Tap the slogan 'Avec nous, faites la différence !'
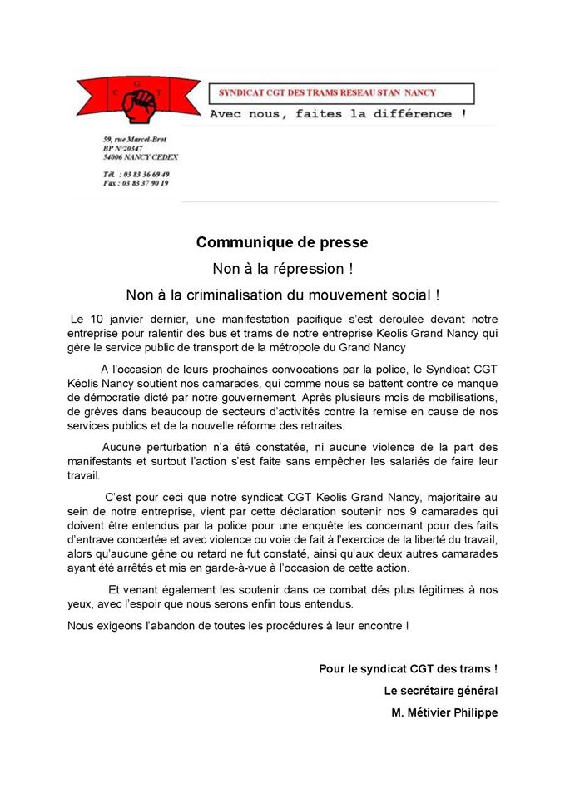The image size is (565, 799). pos(336,113)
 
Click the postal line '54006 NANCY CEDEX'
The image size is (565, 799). pos(141,156)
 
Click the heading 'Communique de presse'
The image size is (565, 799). pos(282,243)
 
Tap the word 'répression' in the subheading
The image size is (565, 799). pos(303,269)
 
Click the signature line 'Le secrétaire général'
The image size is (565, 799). pos(440,691)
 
